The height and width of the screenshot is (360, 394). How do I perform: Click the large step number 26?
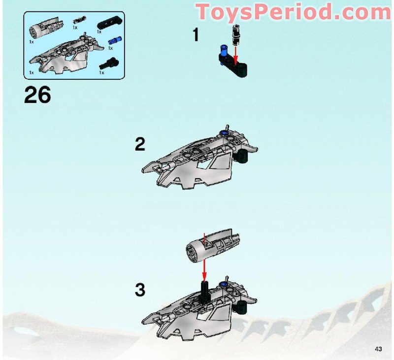(x=37, y=95)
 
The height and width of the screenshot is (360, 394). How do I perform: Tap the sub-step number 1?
(x=196, y=35)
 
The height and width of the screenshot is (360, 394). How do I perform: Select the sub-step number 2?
(x=140, y=144)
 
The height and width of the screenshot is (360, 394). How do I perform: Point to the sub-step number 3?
(x=140, y=291)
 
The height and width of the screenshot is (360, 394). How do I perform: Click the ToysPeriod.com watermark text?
(x=293, y=11)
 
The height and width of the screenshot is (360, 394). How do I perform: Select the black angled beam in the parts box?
(x=107, y=24)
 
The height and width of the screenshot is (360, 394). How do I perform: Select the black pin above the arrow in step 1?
(x=235, y=35)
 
